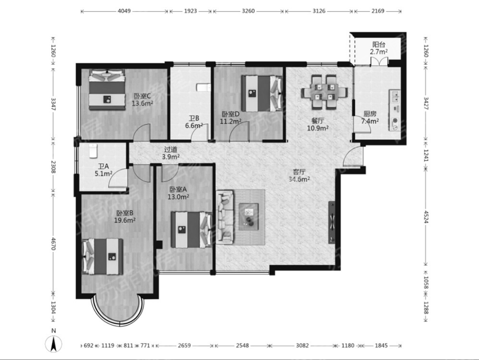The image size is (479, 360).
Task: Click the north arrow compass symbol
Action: [54, 344]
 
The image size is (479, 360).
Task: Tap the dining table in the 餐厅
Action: [324, 92]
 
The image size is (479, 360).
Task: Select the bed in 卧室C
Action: [107, 90]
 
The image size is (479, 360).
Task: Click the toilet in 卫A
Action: [93, 151]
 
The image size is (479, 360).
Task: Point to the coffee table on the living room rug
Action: [249, 216]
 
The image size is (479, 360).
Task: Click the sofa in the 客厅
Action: [225, 217]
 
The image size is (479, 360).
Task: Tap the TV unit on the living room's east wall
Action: [332, 222]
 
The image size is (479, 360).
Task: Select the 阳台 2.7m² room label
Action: [379, 48]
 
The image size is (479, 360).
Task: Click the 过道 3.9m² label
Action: [170, 153]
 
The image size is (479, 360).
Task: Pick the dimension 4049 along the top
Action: [124, 11]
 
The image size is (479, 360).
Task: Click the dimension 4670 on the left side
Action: [54, 244]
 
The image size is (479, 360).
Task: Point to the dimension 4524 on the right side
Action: [426, 215]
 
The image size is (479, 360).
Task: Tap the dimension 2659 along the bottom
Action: [184, 346]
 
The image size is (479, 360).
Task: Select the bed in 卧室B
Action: [102, 257]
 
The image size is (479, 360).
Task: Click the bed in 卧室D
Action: [262, 94]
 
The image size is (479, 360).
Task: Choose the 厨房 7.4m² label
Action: [370, 117]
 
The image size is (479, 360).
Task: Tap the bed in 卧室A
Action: [191, 230]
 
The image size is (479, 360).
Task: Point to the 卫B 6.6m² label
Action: [194, 122]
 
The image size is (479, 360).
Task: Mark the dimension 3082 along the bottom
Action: [302, 346]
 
